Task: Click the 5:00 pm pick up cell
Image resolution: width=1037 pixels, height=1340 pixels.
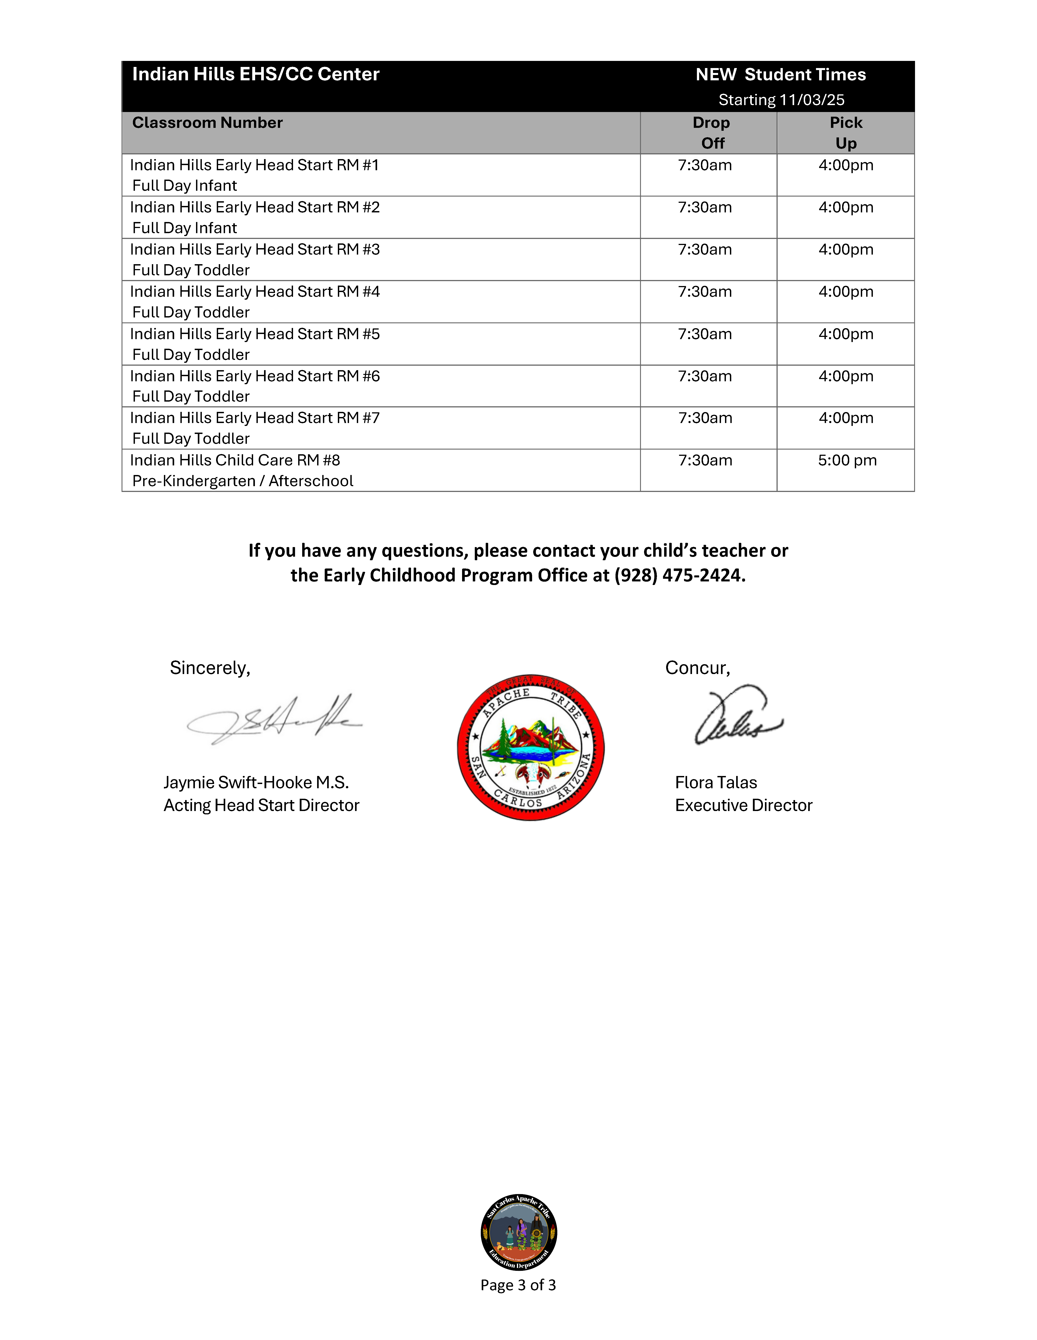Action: coord(847,461)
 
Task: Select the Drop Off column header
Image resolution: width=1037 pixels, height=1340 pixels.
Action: coord(711,133)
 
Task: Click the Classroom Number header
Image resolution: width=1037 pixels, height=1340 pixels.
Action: coord(207,123)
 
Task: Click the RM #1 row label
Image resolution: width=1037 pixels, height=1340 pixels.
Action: coord(254,166)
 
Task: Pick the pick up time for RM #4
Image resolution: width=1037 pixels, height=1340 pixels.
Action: coord(846,292)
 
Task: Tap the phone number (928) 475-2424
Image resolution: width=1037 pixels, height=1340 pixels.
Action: coord(680,576)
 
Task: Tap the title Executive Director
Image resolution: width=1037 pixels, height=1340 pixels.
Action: coord(743,806)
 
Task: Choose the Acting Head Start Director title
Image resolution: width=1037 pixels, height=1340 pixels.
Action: coord(261,806)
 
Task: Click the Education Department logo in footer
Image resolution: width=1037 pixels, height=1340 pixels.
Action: coord(519,1232)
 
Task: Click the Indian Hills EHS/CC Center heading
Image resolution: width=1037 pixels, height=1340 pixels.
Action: coord(256,74)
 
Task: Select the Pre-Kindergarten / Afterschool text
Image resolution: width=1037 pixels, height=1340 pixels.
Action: coord(243,481)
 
